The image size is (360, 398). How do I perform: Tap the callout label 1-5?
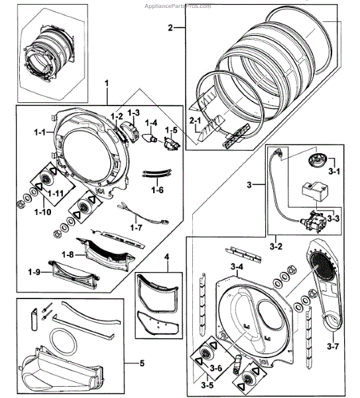(171, 130)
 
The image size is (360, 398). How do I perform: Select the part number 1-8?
(67, 253)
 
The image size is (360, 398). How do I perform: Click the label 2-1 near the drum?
(195, 121)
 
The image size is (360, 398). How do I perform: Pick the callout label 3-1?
(334, 171)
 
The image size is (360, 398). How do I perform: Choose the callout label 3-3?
(334, 218)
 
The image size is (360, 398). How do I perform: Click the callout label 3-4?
(237, 267)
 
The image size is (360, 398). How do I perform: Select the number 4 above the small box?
(167, 256)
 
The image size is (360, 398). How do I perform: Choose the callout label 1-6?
(157, 190)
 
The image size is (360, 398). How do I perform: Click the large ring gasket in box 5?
(63, 345)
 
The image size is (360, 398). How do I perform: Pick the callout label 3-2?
(274, 245)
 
